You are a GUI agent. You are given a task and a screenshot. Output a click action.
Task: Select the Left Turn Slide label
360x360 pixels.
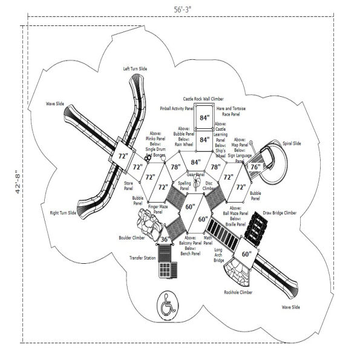134,69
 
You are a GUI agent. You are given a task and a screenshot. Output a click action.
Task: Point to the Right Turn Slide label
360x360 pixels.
63,212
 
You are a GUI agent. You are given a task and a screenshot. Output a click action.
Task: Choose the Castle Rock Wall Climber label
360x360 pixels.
204,97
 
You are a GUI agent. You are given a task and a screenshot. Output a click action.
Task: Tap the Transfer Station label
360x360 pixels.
142,257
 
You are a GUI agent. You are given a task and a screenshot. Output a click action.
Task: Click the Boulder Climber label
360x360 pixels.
131,237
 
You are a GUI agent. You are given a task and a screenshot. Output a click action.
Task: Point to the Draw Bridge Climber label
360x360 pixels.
280,213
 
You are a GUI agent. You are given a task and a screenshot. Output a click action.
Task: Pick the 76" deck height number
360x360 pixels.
255,166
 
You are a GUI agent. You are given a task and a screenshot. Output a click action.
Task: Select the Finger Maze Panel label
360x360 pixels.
157,210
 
